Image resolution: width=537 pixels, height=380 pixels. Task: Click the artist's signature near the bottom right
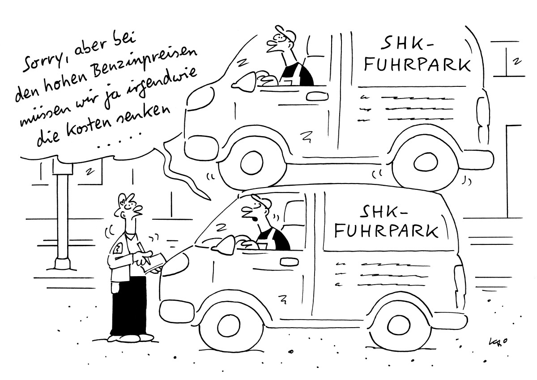pyautogui.click(x=496, y=342)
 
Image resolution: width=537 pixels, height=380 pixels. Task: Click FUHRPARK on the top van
pyautogui.click(x=418, y=65)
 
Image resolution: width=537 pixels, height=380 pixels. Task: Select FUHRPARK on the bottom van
pyautogui.click(x=386, y=231)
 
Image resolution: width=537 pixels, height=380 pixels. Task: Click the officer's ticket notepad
pyautogui.click(x=154, y=263)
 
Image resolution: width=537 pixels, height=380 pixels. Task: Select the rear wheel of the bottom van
pyautogui.click(x=400, y=326)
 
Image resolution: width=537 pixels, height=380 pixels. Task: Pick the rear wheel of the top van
pyautogui.click(x=425, y=162)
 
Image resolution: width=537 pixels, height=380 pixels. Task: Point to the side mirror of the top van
pyautogui.click(x=244, y=82)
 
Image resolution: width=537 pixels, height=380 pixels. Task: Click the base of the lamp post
pyautogui.click(x=63, y=265)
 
